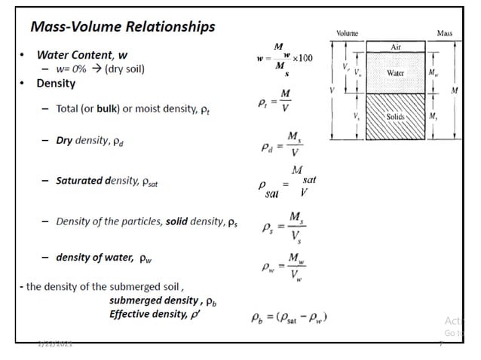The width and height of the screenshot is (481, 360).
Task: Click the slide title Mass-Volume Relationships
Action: [x=122, y=27]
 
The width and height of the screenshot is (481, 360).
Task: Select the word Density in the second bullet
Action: [x=57, y=83]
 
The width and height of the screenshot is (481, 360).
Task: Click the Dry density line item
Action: [x=88, y=141]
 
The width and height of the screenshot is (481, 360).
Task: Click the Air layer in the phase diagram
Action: [x=395, y=47]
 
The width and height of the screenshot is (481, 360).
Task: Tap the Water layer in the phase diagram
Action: [x=395, y=73]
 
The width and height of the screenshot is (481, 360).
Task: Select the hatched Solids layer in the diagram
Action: [x=395, y=117]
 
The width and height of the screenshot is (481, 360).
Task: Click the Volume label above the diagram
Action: [x=347, y=33]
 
